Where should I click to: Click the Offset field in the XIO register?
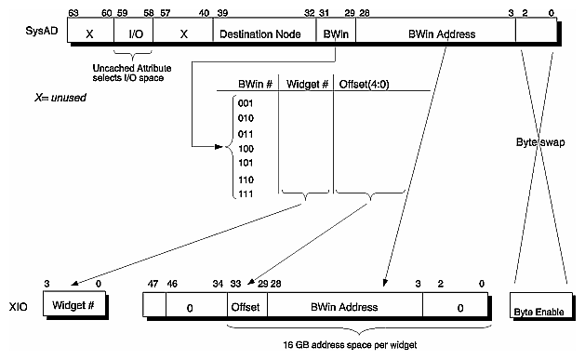(246, 306)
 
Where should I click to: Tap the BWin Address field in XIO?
(344, 306)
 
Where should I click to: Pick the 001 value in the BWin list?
(245, 103)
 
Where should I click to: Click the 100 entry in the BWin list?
(245, 147)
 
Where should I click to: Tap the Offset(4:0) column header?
(362, 83)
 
